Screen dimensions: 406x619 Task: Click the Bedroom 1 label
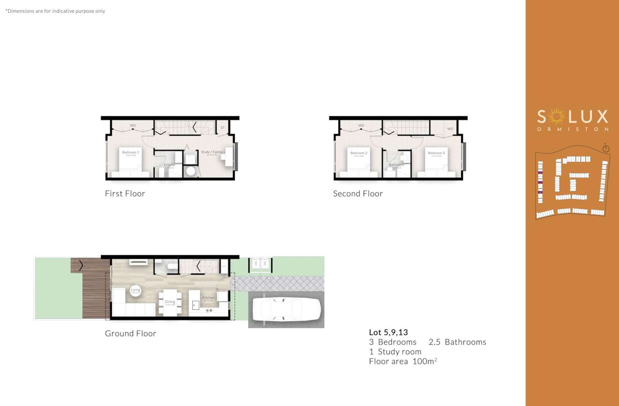pos(131,152)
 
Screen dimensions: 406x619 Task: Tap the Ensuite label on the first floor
pos(169,165)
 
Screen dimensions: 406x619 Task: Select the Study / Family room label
pos(212,152)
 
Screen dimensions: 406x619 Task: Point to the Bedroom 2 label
pos(359,153)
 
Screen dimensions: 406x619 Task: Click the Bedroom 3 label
pos(436,153)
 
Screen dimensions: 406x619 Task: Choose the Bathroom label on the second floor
pos(396,165)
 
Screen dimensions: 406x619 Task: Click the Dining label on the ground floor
pos(170,302)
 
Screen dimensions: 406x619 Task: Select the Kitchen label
pos(208,297)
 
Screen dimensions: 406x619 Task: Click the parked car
pos(286,309)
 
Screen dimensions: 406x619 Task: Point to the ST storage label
pos(222,128)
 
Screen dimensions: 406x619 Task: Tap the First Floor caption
pos(125,194)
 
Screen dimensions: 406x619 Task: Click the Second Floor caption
pos(358,194)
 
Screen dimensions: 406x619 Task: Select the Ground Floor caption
pos(130,334)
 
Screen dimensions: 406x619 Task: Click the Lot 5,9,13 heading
pos(388,332)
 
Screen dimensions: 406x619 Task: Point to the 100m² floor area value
pos(425,361)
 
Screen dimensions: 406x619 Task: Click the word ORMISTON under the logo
pos(573,129)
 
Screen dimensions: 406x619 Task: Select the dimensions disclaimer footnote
pos(55,11)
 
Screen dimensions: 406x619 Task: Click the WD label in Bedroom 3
pos(450,129)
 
